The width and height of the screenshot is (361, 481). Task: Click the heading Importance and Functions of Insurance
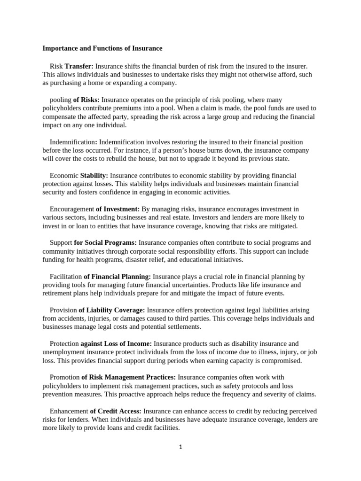(102, 48)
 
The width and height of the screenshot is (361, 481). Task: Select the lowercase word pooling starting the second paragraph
(60, 100)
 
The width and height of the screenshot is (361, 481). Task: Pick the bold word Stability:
(94, 176)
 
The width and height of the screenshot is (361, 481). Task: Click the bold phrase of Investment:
(118, 209)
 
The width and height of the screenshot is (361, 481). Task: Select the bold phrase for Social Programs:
(105, 243)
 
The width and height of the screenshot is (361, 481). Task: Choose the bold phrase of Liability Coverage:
(112, 310)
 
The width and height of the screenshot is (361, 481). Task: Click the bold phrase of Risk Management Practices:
(128, 377)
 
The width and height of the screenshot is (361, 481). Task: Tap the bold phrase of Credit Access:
(116, 411)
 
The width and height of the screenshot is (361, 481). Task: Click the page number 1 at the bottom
(180, 447)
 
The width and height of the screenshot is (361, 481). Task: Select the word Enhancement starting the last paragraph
(69, 411)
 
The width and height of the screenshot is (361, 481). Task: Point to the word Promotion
(64, 377)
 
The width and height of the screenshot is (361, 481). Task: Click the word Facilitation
(66, 277)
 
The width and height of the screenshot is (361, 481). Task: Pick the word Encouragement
(72, 209)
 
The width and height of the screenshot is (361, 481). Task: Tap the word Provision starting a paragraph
(63, 310)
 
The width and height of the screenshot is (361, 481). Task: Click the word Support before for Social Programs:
(61, 243)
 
